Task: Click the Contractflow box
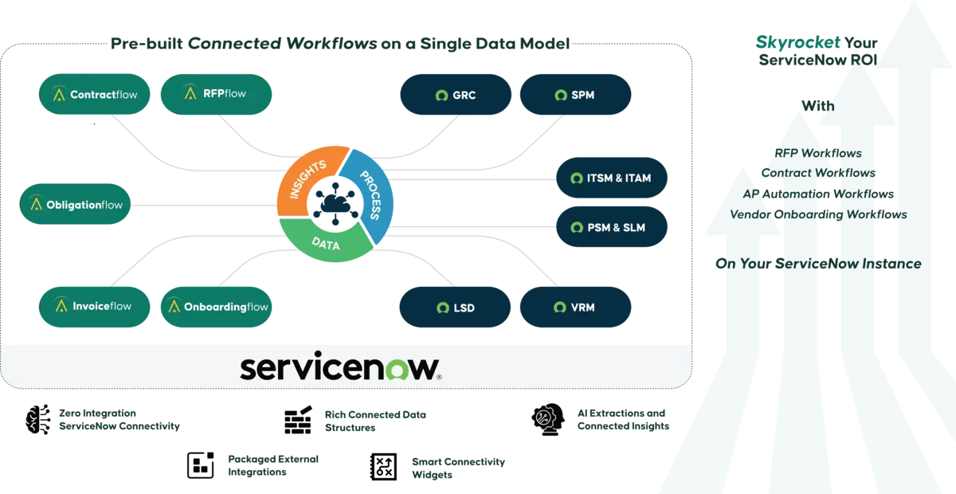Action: (x=96, y=94)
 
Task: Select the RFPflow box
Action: (x=216, y=93)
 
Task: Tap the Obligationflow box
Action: (x=76, y=205)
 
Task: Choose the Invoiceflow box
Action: (x=96, y=306)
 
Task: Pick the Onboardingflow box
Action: (x=216, y=307)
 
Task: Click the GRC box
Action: (x=455, y=95)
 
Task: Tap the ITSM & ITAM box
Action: (x=611, y=178)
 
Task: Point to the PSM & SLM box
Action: (x=611, y=227)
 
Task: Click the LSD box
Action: (x=455, y=308)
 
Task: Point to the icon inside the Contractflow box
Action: (x=59, y=95)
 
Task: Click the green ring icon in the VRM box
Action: (x=556, y=308)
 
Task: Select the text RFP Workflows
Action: (x=817, y=153)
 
